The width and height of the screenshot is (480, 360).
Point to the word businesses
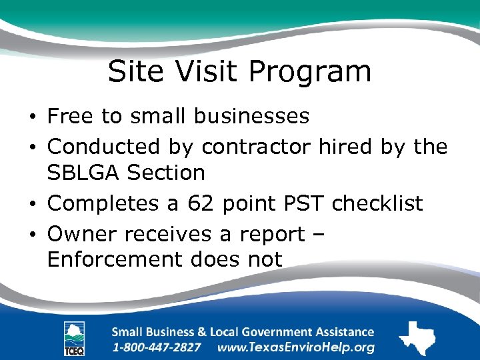252,116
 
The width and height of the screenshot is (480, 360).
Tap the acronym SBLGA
83,173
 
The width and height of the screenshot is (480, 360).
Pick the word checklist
377,203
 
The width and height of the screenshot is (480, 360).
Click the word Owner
82,233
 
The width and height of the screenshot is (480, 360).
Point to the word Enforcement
109,259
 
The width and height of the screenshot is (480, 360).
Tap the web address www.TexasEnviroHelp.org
296,347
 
